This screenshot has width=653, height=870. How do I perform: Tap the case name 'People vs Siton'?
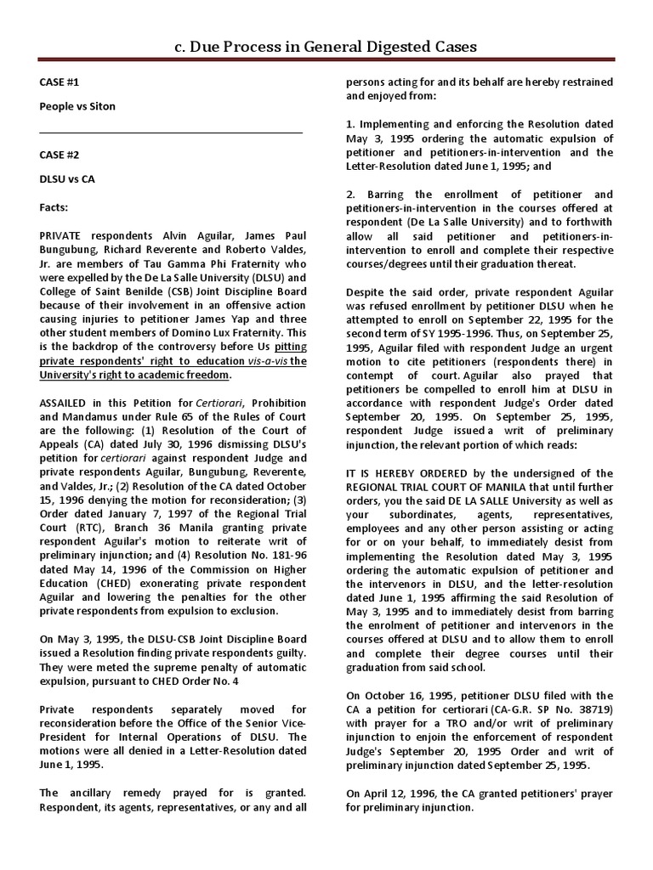click(77, 106)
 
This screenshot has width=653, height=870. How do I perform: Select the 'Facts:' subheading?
click(56, 206)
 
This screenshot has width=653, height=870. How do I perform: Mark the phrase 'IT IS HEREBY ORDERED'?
click(404, 473)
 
